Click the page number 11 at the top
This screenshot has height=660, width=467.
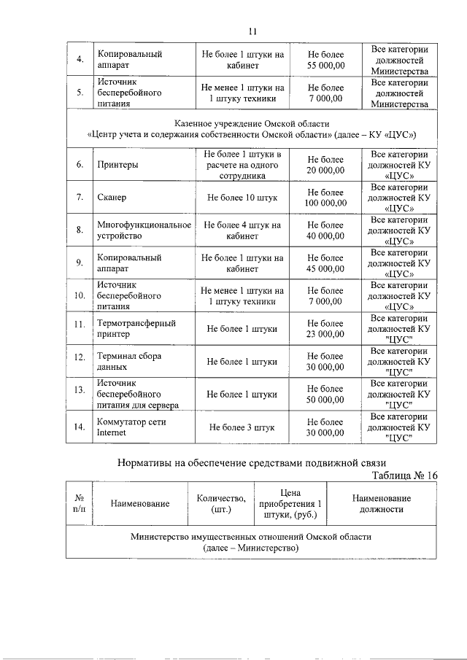[x=252, y=31]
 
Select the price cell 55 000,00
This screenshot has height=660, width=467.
[x=325, y=60]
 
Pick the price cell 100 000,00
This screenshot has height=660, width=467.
[x=325, y=198]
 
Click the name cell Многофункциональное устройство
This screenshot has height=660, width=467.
[x=143, y=231]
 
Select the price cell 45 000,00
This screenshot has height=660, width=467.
[x=325, y=263]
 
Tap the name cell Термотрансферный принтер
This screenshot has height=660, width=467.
[x=136, y=329]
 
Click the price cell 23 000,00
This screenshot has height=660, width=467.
[x=325, y=329]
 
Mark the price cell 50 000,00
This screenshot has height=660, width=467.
[x=325, y=395]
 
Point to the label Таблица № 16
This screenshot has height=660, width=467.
[x=404, y=475]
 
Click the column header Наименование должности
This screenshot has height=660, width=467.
[x=381, y=503]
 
